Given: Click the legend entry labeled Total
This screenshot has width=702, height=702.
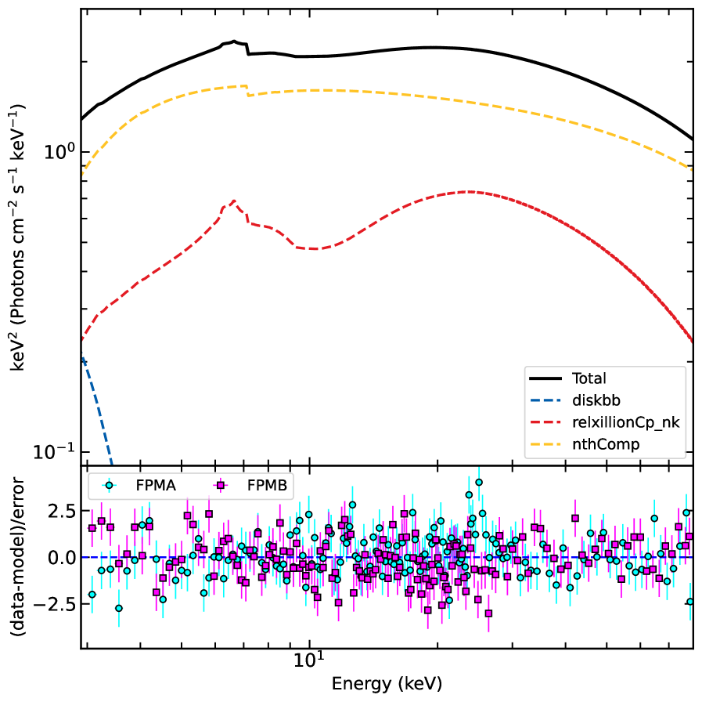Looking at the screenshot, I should (x=589, y=378).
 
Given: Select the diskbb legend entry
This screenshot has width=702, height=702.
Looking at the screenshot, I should (x=596, y=400).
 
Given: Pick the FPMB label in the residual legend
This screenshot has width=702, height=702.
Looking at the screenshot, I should (x=268, y=486).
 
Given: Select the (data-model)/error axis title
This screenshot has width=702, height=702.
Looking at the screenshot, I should (x=21, y=558).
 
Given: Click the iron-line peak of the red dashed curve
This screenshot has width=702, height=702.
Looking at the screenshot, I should (x=233, y=201).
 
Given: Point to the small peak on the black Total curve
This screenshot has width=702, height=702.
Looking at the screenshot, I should (x=234, y=42).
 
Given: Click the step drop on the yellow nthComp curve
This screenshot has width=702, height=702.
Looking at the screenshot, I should (x=247, y=91).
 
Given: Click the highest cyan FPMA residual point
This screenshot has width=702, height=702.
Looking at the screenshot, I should (x=479, y=483).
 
